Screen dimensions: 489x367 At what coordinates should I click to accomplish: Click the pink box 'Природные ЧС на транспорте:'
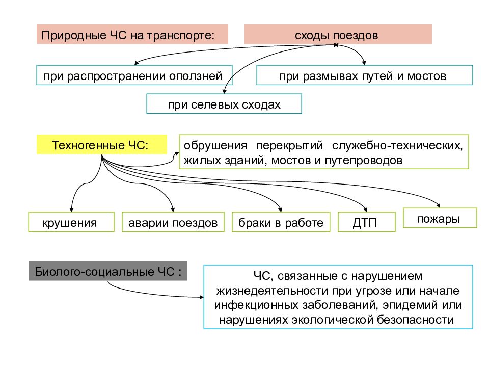tap(132, 34)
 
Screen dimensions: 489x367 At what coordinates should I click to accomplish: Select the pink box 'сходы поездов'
tap(338, 34)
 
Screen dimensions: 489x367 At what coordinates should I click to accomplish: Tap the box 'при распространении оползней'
tap(134, 75)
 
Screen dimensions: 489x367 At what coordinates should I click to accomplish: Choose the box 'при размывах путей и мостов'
tap(365, 75)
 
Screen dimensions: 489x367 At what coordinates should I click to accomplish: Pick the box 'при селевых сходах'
tap(224, 103)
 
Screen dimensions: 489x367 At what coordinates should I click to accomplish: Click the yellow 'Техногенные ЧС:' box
tap(102, 144)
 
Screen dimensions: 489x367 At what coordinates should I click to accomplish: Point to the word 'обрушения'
tap(215, 145)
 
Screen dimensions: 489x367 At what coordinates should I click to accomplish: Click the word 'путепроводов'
tap(364, 161)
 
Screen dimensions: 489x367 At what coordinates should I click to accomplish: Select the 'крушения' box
tap(71, 222)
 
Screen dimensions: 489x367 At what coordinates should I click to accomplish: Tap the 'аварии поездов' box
tap(173, 222)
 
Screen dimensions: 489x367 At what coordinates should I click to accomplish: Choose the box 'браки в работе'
tap(281, 222)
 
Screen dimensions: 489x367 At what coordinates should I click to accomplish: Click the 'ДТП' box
tap(367, 222)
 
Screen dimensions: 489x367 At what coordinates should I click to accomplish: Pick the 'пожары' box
tap(440, 218)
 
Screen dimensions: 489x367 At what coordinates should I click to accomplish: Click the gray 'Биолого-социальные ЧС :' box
tap(108, 271)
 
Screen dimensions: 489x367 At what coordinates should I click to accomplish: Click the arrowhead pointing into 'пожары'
tap(439, 205)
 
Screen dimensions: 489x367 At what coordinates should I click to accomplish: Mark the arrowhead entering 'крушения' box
tap(71, 209)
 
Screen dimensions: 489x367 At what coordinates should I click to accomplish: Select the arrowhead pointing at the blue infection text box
tap(202, 297)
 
